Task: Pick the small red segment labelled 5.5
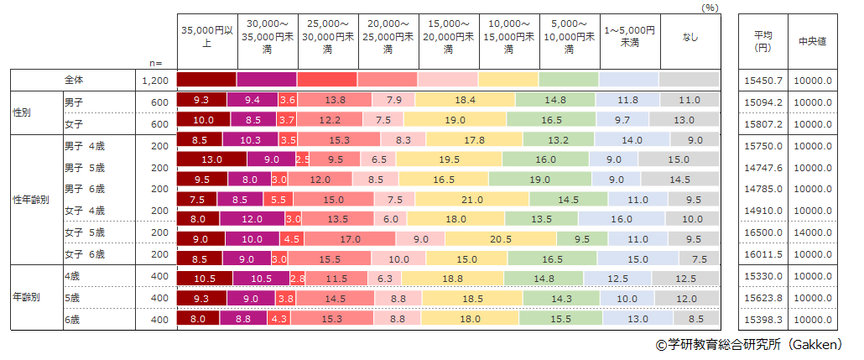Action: click(x=279, y=199)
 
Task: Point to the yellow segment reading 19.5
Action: click(x=449, y=159)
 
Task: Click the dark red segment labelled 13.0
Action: click(x=211, y=159)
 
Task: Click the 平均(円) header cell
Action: click(x=763, y=41)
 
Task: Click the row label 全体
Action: click(x=75, y=80)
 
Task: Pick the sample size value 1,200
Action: click(x=156, y=80)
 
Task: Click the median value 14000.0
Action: click(x=813, y=238)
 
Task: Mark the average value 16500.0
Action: click(x=763, y=238)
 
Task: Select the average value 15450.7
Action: click(x=763, y=81)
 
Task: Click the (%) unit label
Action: click(x=710, y=6)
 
